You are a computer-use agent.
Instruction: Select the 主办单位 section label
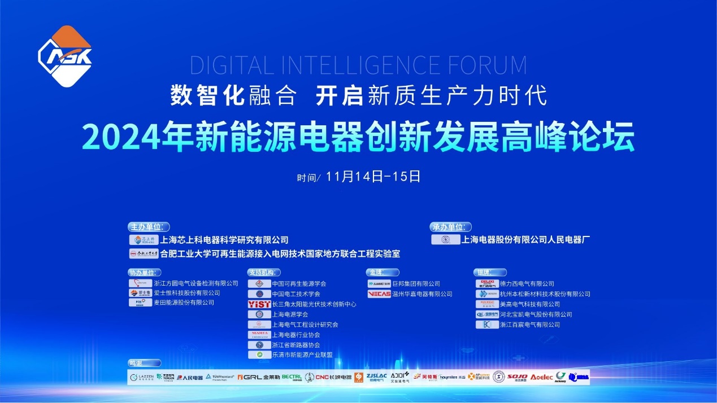click(149, 227)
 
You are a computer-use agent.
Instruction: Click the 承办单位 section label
click(450, 227)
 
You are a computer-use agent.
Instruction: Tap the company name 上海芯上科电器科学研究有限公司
click(224, 240)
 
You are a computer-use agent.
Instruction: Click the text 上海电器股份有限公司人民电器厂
click(525, 239)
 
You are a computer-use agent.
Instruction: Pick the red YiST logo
click(259, 304)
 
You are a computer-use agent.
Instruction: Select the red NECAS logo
click(379, 294)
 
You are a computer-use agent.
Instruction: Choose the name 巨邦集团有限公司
click(416, 283)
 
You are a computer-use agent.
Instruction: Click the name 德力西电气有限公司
click(527, 283)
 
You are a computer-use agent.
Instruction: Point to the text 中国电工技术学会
click(296, 294)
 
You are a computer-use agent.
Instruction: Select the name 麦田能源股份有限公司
click(184, 303)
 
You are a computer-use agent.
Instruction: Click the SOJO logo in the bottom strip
click(517, 376)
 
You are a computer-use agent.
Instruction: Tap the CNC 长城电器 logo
click(333, 377)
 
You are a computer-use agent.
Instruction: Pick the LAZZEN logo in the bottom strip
click(141, 377)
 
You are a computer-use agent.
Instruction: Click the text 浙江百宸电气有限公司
click(529, 325)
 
